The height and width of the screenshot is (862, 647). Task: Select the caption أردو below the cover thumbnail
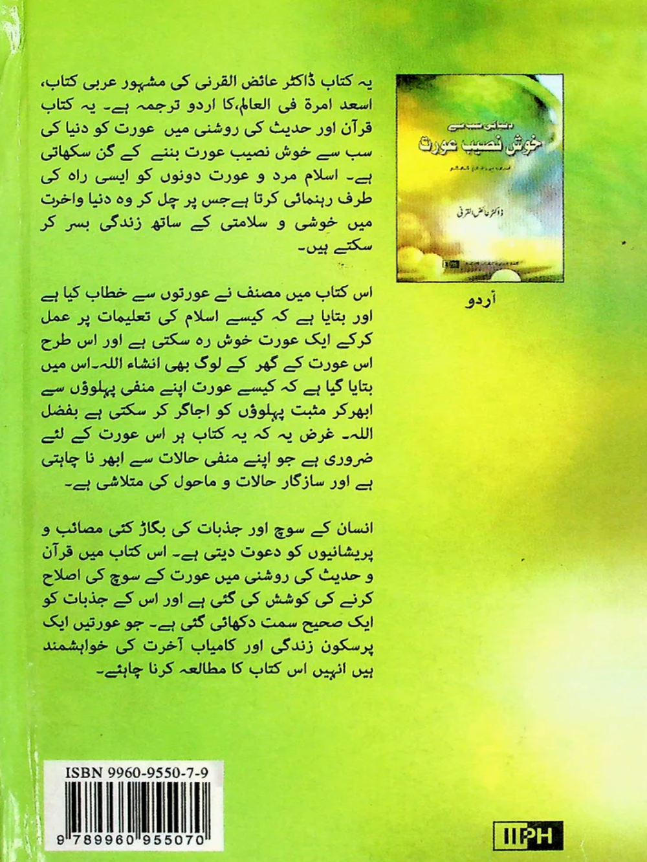coord(479,302)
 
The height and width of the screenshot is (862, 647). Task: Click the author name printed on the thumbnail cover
coord(479,212)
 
